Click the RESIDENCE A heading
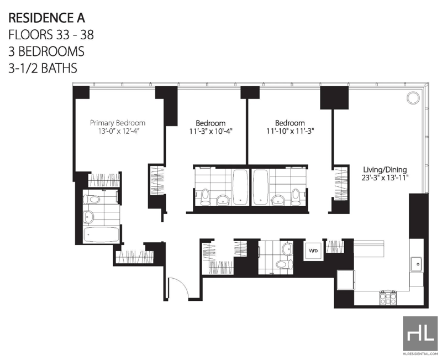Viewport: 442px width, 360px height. (x=47, y=18)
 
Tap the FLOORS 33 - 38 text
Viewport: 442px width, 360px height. (x=51, y=35)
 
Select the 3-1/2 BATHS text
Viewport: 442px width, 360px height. (x=43, y=69)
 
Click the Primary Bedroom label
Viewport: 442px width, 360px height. (x=118, y=123)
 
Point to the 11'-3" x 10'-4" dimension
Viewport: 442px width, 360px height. (x=211, y=131)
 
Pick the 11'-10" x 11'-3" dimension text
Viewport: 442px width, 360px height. (x=290, y=131)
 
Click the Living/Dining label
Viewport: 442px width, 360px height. (x=385, y=170)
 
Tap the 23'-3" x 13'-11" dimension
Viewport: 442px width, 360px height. (x=385, y=178)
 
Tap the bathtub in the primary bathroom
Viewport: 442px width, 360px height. (x=101, y=234)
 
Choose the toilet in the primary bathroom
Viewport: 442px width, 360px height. (x=92, y=199)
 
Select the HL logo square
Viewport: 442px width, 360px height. (x=420, y=333)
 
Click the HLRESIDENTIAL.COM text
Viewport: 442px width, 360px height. (x=420, y=353)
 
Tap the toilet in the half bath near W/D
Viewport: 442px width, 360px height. (x=283, y=265)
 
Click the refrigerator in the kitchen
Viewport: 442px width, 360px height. (x=346, y=280)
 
